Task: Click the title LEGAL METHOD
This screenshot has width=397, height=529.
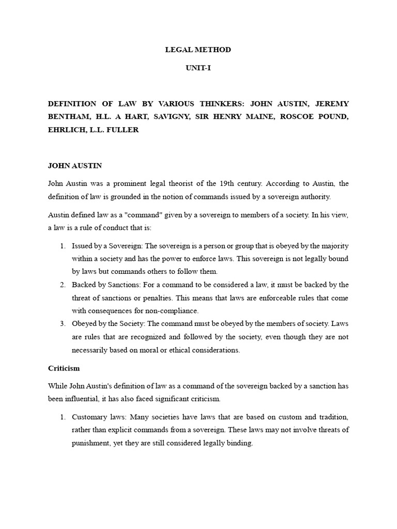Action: point(198,50)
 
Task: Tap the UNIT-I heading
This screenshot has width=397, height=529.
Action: point(198,68)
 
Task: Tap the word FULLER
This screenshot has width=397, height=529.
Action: point(123,130)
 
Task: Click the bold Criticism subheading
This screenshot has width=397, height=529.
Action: point(64,369)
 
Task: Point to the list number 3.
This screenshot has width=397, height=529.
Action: point(62,324)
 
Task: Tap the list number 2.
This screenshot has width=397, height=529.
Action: point(62,285)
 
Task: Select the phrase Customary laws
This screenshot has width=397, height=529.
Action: point(98,416)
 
